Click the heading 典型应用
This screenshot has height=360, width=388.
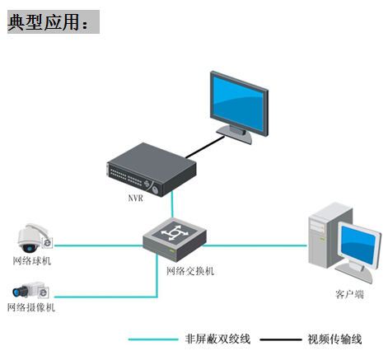(44, 22)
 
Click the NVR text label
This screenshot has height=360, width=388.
(136, 198)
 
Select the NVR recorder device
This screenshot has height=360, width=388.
(151, 169)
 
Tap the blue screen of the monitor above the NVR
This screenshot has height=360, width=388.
(238, 104)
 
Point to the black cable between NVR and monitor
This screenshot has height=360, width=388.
(205, 147)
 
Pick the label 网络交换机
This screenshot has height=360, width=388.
(190, 271)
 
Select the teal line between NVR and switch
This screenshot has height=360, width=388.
(172, 204)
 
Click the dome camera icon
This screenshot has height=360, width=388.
(33, 238)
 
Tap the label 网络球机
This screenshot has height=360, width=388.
(32, 260)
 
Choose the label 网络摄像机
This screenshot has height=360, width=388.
(31, 307)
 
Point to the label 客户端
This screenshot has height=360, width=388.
(349, 294)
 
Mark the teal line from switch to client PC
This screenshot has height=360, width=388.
(255, 245)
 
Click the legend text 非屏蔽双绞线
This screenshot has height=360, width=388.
(217, 339)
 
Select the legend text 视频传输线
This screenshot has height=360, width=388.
(334, 339)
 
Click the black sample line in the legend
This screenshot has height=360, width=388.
(281, 339)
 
